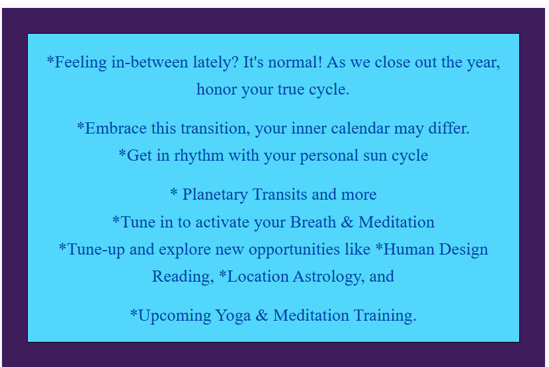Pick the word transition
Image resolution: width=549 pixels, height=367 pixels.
tap(212, 128)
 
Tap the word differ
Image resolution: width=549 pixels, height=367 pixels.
tap(449, 128)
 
